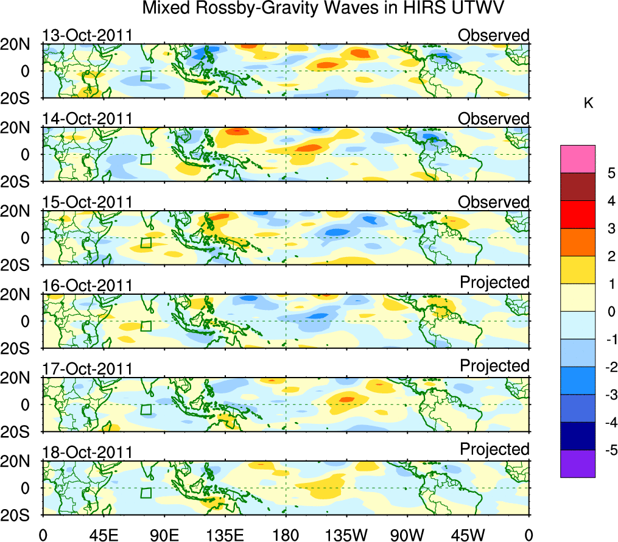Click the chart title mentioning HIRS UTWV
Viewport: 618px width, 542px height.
coord(323,9)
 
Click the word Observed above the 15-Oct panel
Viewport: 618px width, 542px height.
coord(493,202)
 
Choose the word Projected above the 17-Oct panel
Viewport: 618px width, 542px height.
coord(494,366)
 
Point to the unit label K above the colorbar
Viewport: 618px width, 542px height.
coord(589,104)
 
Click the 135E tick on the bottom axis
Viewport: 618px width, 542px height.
coord(225,534)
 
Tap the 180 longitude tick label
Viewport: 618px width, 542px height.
coord(286,534)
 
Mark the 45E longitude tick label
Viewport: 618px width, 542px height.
coord(103,534)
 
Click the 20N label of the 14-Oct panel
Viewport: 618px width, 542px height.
coord(20,128)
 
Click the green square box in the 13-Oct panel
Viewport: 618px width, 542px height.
coord(146,76)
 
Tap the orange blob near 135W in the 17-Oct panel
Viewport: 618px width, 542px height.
coord(346,399)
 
